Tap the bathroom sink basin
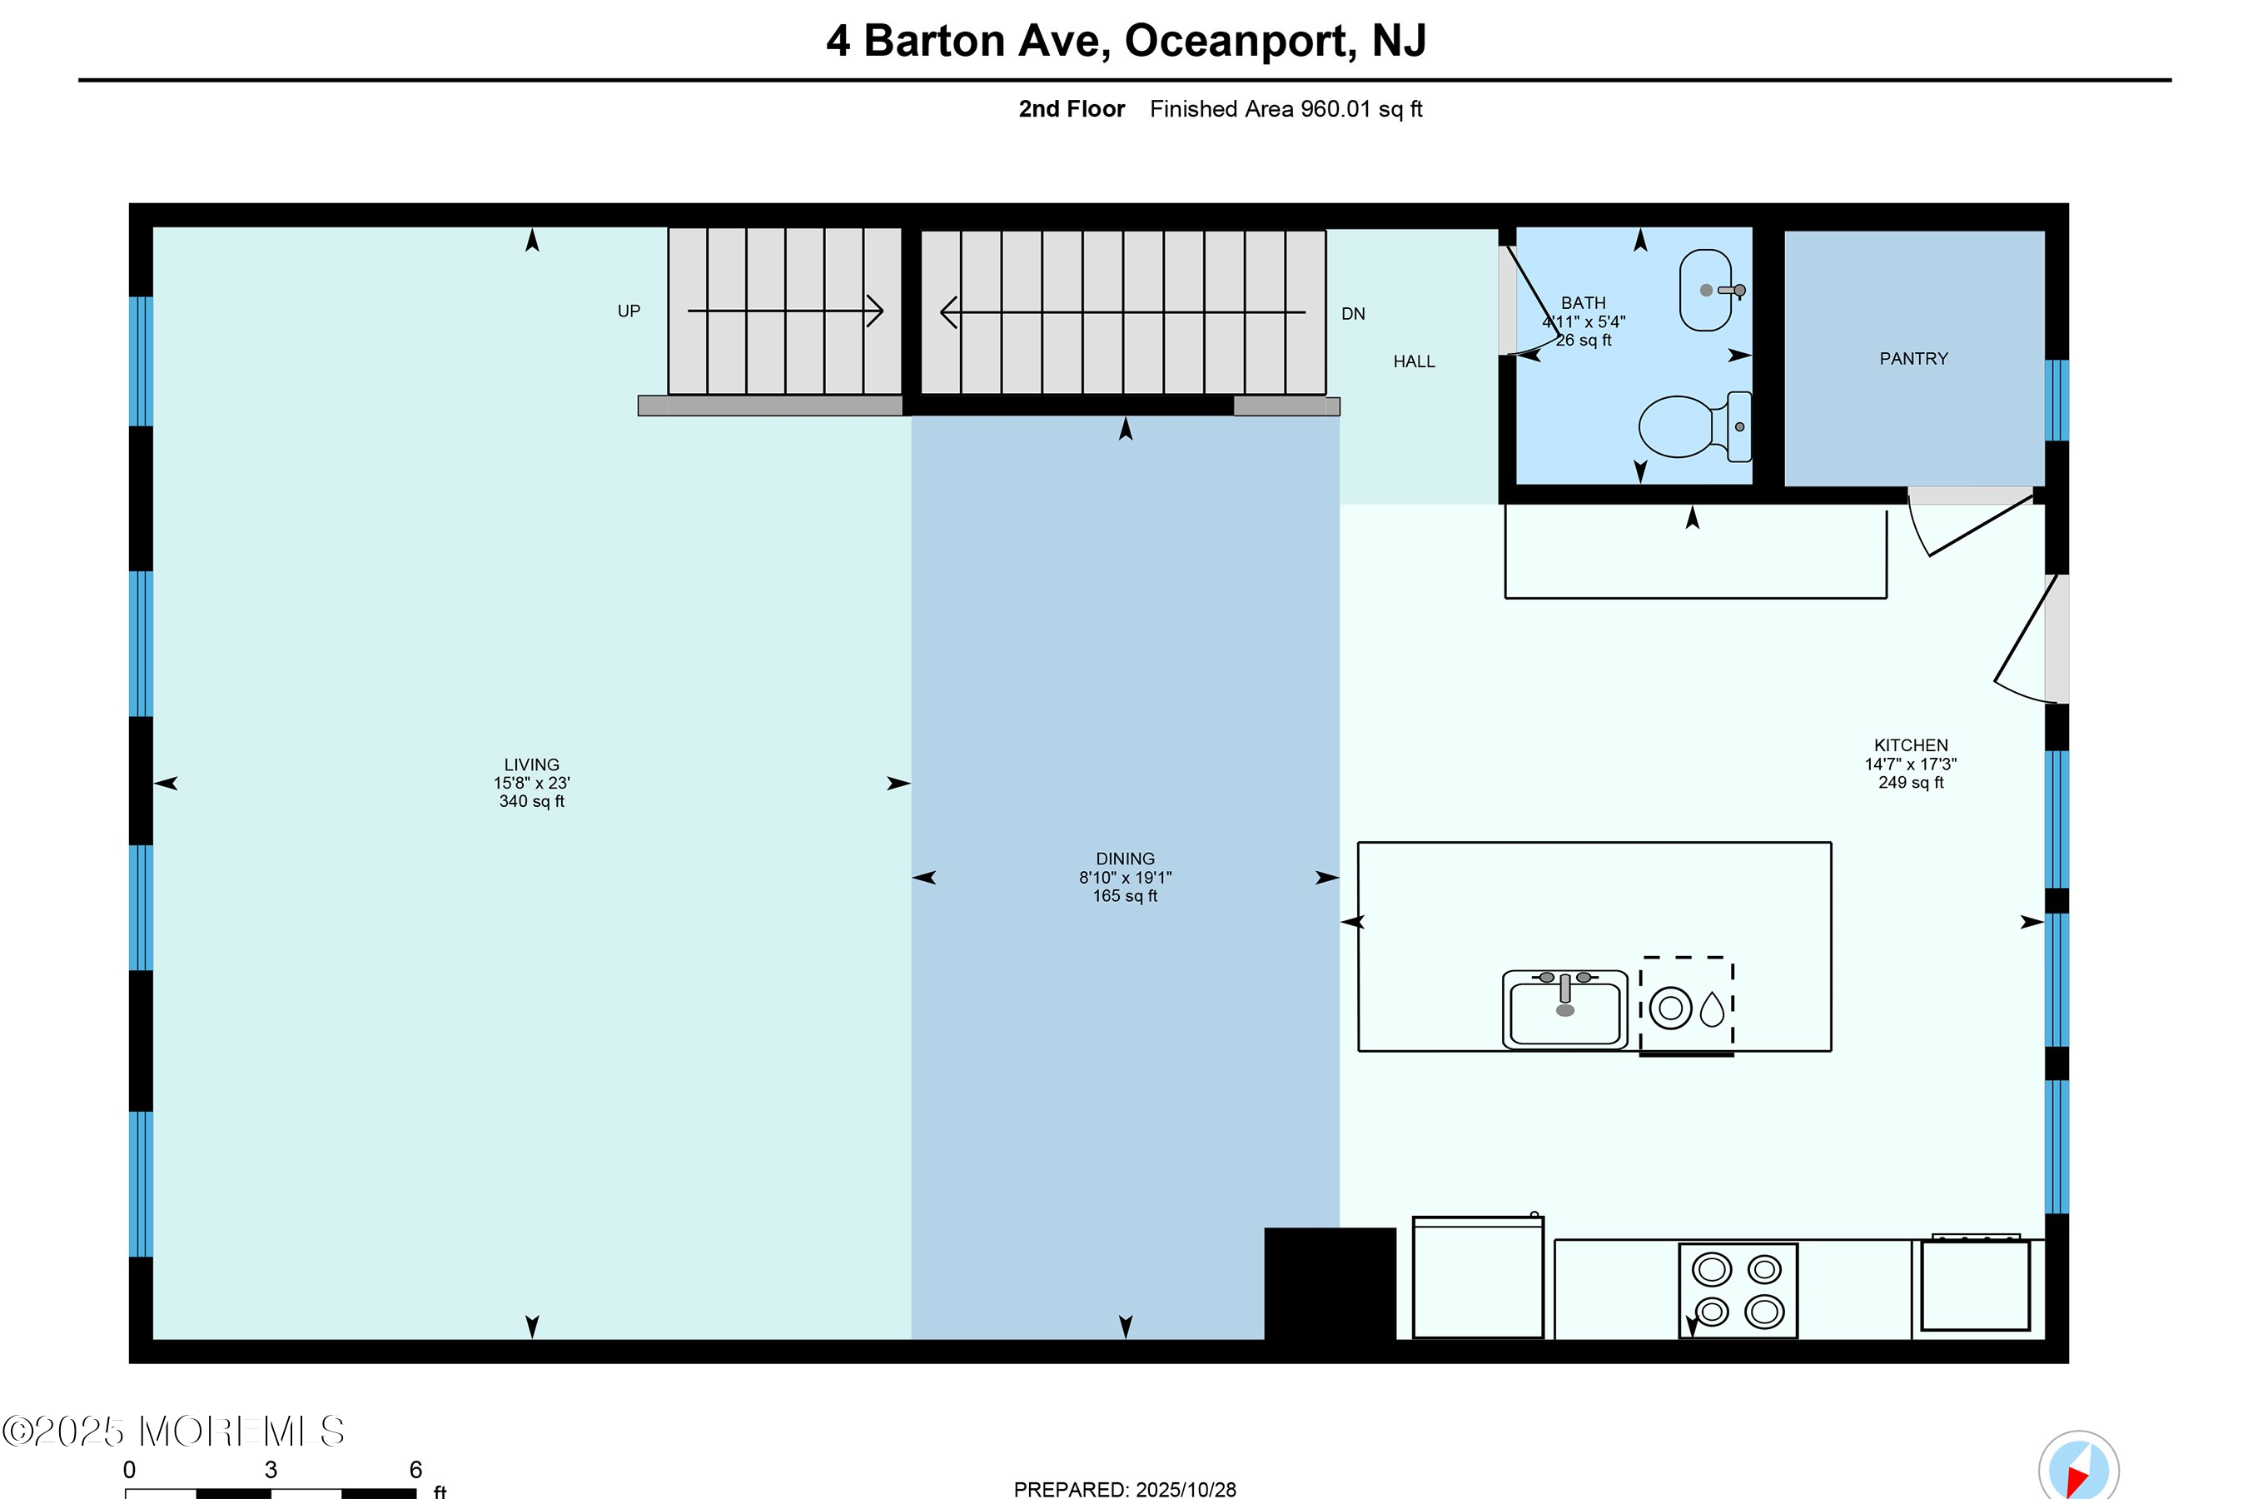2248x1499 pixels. point(1705,290)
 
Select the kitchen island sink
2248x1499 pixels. point(1564,1010)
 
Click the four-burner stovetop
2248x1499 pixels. point(1738,1291)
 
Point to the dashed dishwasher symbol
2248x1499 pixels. point(1687,1007)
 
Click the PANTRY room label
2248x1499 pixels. point(1912,358)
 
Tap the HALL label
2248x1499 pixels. point(1414,361)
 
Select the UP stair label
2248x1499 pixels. point(628,311)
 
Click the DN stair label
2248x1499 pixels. point(1352,314)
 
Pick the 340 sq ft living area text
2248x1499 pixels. point(531,801)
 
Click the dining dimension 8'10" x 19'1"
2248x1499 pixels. point(1125,877)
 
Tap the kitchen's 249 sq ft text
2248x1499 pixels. point(1910,782)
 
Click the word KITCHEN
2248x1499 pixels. point(1910,745)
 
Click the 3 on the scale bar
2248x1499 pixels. point(271,1469)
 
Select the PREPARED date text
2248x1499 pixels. point(1124,1488)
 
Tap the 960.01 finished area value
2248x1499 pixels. point(1335,109)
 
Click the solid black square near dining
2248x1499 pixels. point(1330,1283)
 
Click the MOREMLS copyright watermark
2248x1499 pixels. point(173,1431)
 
